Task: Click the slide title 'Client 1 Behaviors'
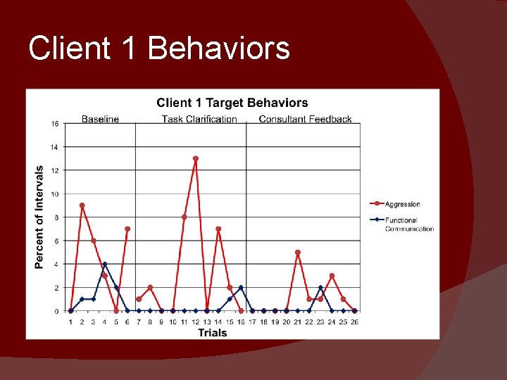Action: [x=159, y=49]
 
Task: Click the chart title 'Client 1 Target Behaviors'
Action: [x=232, y=103]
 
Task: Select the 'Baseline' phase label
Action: [x=100, y=119]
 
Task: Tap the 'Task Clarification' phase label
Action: [x=199, y=119]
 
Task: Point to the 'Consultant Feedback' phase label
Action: [x=305, y=119]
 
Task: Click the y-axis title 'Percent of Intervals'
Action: [x=39, y=217]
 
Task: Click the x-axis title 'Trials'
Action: [x=212, y=332]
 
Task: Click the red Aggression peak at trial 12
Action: [x=195, y=158]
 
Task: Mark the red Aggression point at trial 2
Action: [x=82, y=205]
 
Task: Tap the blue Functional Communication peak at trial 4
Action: [x=105, y=264]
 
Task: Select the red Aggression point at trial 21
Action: [x=298, y=252]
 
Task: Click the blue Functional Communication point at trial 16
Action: [x=241, y=287]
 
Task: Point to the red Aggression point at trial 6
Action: [x=127, y=229]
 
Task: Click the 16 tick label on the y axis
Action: [x=54, y=124]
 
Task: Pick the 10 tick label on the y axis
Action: [x=54, y=194]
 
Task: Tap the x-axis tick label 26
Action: [x=354, y=322]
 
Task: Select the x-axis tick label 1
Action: [x=70, y=322]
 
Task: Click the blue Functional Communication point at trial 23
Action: [x=320, y=287]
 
